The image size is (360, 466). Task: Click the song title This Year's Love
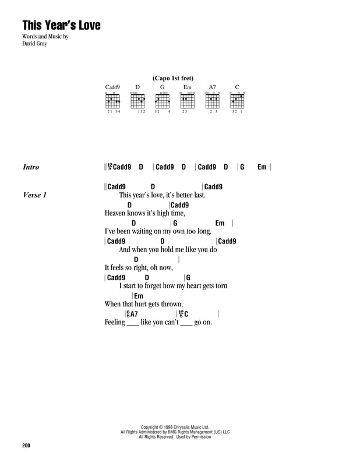click(62, 25)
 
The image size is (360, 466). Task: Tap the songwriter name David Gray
click(34, 43)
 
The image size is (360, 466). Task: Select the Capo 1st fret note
click(173, 78)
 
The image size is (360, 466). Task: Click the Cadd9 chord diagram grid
click(112, 101)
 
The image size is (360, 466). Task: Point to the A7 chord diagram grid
click(212, 101)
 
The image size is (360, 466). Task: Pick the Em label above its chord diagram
click(188, 87)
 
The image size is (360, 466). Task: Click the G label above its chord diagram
click(163, 87)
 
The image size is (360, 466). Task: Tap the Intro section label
click(31, 167)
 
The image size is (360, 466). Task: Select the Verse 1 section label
click(35, 195)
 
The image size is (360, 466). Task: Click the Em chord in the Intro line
click(262, 167)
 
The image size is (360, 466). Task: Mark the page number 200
click(26, 445)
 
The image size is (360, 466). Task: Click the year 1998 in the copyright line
click(168, 427)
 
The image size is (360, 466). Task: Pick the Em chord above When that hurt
click(139, 296)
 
